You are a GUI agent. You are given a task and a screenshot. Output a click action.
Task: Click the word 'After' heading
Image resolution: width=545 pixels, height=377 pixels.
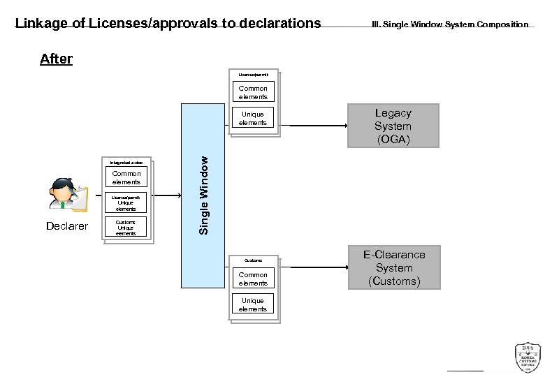tap(56, 59)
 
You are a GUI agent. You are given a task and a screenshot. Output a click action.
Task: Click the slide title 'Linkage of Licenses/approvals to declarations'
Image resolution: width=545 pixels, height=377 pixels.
tap(168, 23)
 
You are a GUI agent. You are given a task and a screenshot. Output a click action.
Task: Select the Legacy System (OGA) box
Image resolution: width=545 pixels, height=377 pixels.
tap(393, 126)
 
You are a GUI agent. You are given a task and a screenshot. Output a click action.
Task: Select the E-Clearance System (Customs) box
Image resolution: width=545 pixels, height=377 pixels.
tap(394, 267)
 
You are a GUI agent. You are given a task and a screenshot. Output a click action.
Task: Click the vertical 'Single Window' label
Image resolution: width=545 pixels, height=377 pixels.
tap(203, 195)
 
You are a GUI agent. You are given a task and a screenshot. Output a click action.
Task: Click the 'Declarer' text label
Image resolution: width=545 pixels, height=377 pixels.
tap(67, 226)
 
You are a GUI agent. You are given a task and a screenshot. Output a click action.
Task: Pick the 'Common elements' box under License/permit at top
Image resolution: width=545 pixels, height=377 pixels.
tap(252, 93)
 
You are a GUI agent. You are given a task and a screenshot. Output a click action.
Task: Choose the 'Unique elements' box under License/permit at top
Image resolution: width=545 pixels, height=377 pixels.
tap(252, 119)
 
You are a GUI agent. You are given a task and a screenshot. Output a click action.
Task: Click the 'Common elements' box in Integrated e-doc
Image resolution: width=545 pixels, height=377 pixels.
tap(126, 178)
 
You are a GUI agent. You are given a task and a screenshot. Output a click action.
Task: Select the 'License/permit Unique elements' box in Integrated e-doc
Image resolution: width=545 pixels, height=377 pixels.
tap(126, 203)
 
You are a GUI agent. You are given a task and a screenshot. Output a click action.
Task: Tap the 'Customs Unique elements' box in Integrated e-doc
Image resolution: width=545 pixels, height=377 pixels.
tap(126, 228)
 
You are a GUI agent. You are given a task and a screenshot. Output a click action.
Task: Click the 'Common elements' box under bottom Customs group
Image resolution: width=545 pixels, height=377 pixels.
tap(252, 279)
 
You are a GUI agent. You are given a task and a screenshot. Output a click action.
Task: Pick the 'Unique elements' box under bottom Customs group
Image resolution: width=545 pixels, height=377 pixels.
tap(252, 305)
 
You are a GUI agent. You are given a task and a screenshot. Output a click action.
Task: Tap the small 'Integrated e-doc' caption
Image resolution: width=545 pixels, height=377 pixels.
tap(126, 162)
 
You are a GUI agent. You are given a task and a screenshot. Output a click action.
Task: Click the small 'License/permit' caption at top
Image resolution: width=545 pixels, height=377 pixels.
tap(252, 73)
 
